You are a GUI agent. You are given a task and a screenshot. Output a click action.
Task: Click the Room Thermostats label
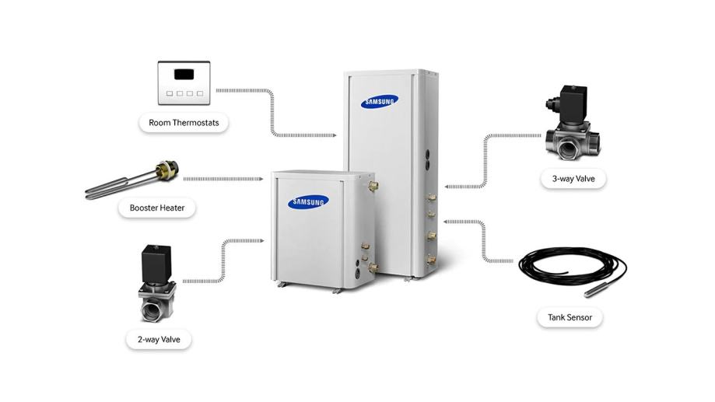point(184,123)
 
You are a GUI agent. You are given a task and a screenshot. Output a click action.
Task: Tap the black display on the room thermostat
point(184,74)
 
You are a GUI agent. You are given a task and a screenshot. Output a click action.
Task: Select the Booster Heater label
point(157,208)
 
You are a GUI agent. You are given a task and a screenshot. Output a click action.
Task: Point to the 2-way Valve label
point(159,340)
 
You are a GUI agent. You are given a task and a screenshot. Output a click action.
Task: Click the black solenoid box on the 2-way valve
point(156,264)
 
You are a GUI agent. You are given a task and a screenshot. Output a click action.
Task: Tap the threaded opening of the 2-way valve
point(152,311)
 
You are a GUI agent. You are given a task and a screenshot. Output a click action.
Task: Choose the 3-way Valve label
point(573,179)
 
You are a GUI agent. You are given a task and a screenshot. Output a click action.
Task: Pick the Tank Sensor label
point(570,317)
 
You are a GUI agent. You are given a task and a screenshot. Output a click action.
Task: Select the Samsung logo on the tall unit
point(380,102)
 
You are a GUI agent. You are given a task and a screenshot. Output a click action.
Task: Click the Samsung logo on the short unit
point(308,202)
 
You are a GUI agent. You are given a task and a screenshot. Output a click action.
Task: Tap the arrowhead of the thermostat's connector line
point(334,135)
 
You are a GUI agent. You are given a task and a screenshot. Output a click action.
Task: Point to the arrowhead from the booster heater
point(261,179)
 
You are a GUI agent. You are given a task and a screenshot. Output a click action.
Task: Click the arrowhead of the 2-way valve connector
point(261,240)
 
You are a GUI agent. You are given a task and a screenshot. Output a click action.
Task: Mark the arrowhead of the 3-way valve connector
point(447,187)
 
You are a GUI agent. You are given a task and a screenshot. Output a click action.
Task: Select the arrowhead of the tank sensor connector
point(447,222)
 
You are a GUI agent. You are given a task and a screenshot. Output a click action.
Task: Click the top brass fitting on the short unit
point(373,186)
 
